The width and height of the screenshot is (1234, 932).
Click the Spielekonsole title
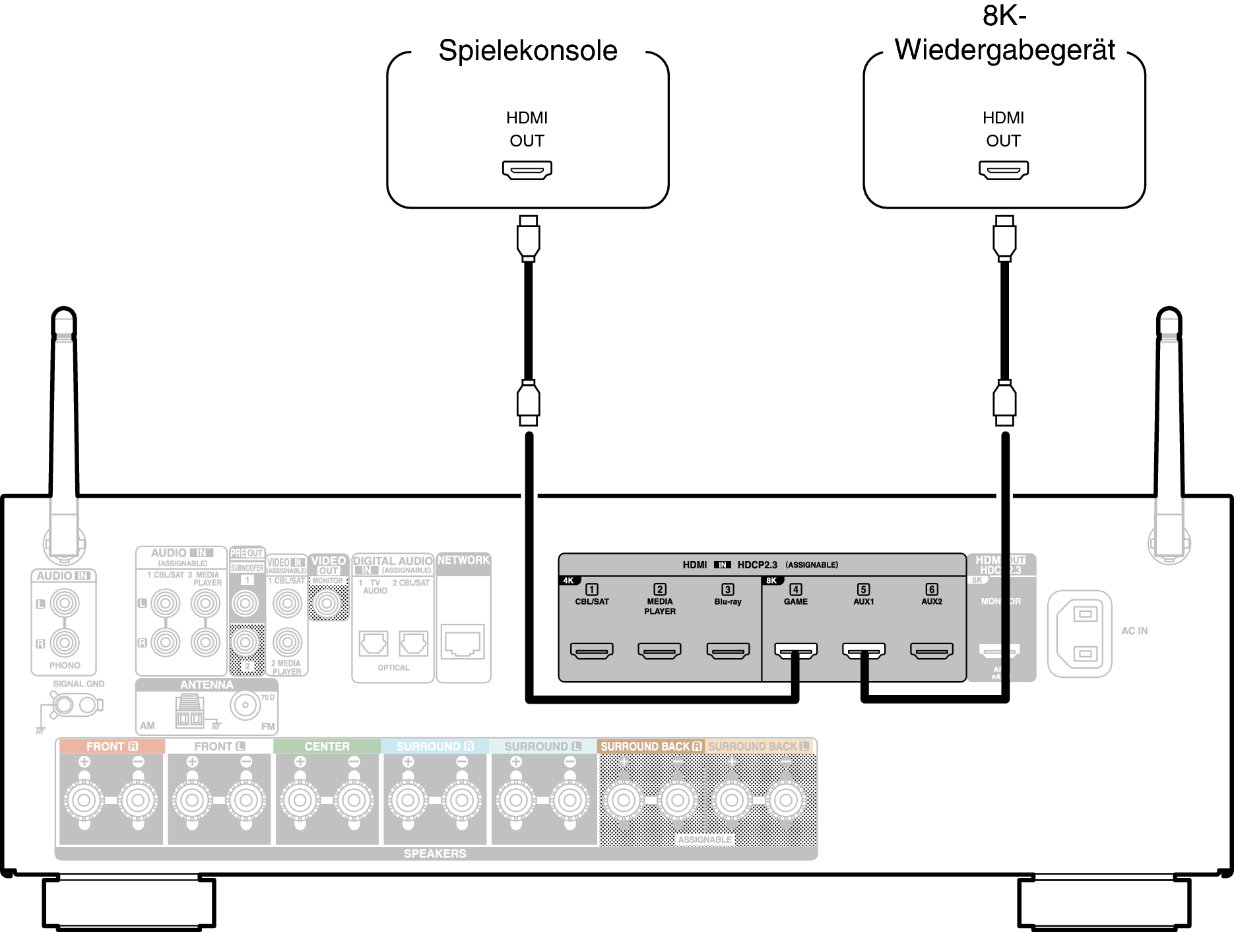[x=528, y=51]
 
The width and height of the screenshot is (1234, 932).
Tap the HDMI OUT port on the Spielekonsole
[x=527, y=170]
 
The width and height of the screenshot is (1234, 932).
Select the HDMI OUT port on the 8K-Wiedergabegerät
[x=1003, y=170]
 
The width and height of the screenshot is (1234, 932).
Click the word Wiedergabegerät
[x=1004, y=50]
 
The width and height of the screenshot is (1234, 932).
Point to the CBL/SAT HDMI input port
[x=591, y=651]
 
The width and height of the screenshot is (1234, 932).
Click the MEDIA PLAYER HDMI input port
[x=659, y=651]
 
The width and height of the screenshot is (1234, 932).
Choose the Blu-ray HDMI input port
[x=728, y=651]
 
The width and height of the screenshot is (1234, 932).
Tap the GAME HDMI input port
[x=796, y=651]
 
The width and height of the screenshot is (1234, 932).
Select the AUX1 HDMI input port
[x=864, y=651]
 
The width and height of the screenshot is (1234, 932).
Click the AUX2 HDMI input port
[x=932, y=651]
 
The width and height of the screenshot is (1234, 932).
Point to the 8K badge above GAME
[x=771, y=581]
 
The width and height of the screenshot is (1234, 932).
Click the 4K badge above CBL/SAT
[x=568, y=581]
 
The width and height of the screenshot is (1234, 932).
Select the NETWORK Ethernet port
[x=463, y=642]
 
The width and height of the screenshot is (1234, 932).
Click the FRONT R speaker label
[x=112, y=747]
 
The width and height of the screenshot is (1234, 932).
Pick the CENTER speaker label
[x=327, y=747]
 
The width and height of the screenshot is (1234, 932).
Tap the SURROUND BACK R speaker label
[x=651, y=747]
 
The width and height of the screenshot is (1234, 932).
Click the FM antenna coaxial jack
[x=245, y=705]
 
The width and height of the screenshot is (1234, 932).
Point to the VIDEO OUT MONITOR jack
[x=327, y=603]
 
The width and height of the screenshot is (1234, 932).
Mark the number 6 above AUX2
[x=932, y=589]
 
